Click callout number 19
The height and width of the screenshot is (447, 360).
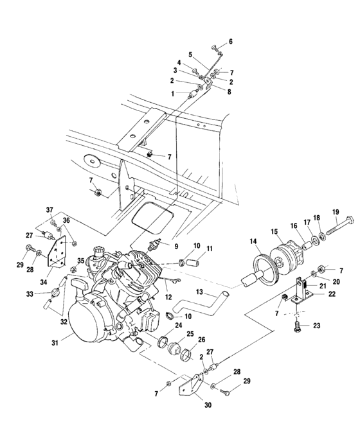click(335, 213)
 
